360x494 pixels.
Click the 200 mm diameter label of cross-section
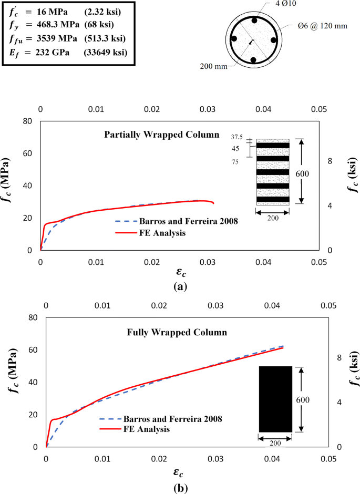tap(213, 67)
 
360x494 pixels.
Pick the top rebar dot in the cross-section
tap(254, 20)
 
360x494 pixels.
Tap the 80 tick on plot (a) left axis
tap(29, 121)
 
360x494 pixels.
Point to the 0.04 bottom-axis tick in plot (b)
tap(272, 459)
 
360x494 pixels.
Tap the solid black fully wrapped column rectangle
tap(275, 399)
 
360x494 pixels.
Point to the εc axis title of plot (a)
tap(180, 273)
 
